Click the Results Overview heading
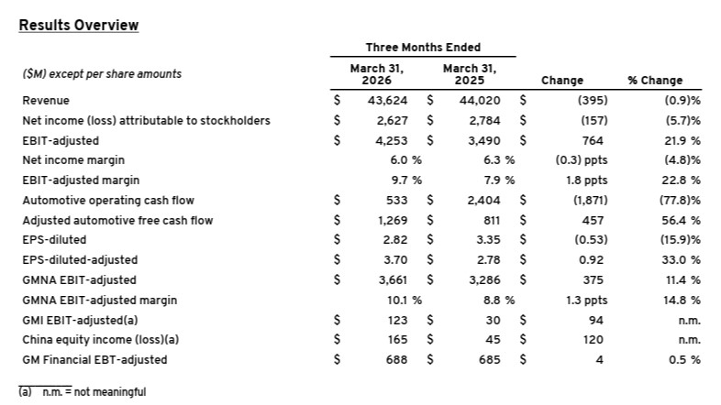79,25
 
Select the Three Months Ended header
423,47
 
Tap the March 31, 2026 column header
376,73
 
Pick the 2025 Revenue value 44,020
486,100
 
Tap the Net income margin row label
70,159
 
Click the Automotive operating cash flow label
108,200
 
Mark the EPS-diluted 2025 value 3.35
493,240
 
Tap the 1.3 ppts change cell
585,300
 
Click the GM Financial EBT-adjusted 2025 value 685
494,359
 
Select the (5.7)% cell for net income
682,120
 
